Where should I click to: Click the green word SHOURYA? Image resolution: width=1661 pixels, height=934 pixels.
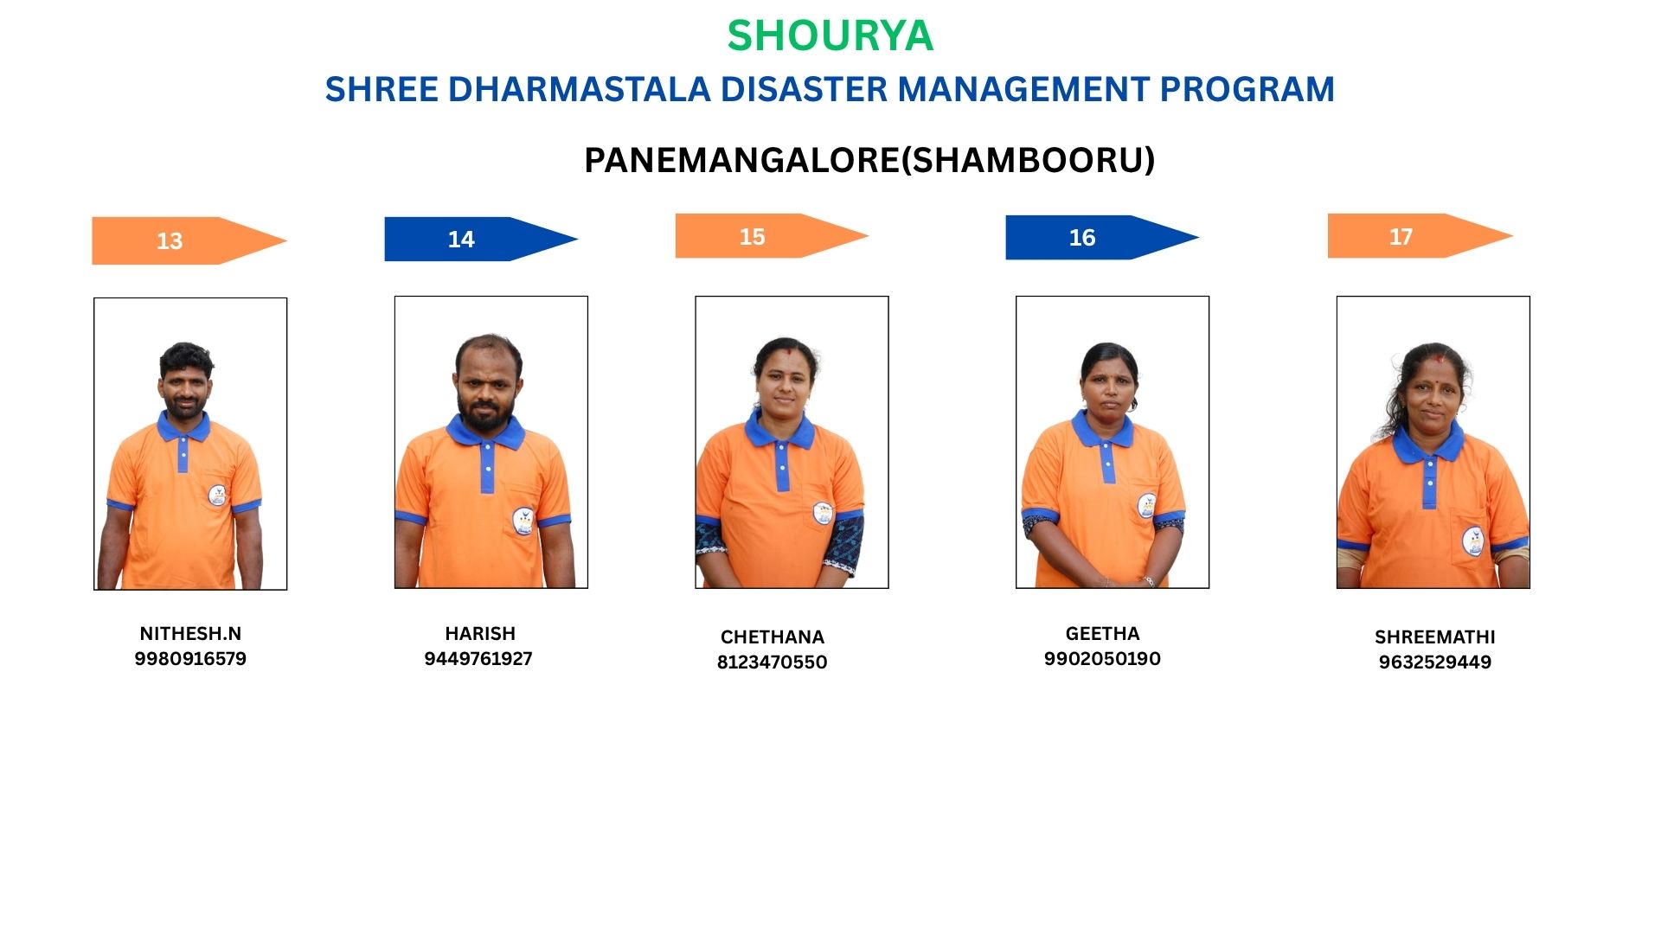(830, 35)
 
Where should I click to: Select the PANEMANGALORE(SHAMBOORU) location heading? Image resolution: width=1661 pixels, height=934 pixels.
(869, 160)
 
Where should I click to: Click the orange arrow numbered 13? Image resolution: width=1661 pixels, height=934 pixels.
(189, 240)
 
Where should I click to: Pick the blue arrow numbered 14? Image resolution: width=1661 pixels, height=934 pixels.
(481, 239)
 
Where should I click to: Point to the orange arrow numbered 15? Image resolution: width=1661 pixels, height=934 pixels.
(772, 236)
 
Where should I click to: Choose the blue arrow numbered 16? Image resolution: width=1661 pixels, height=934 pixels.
(1102, 237)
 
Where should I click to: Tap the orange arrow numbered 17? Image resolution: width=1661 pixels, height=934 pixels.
(1421, 236)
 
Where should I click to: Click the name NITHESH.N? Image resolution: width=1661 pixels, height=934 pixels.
(190, 634)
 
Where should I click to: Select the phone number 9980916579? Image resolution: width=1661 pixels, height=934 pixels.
(190, 659)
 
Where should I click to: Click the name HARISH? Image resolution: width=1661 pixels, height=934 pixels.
(480, 634)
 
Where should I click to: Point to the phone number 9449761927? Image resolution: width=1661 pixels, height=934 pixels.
(478, 659)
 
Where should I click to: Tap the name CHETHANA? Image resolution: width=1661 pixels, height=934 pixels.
(773, 637)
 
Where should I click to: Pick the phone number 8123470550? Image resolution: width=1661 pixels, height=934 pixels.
(772, 662)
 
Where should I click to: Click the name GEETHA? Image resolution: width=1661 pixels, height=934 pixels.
(1102, 634)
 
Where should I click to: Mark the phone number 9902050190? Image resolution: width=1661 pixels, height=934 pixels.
(1102, 659)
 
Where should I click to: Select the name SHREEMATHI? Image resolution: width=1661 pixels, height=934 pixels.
(1434, 637)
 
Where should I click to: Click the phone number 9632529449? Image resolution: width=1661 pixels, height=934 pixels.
(1434, 662)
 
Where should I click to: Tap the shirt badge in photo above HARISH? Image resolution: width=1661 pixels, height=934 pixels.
(523, 521)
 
